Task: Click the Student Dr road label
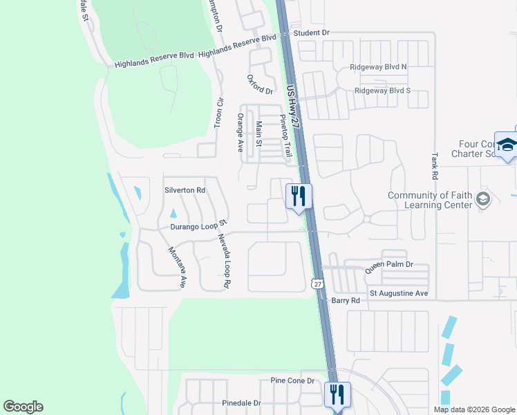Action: coord(312,33)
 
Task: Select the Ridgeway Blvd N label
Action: coord(380,66)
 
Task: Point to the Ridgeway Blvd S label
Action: coord(382,91)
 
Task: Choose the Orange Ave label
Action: coord(241,132)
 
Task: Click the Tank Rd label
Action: coord(435,166)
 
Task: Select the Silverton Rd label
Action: coord(185,190)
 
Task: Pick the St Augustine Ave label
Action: coord(399,293)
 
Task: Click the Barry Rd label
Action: coord(346,301)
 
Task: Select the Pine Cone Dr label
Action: coord(292,381)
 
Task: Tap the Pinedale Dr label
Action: coord(242,403)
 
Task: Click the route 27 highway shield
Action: coord(317,284)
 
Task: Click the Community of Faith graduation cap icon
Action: coord(482,200)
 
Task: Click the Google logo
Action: coord(23,407)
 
